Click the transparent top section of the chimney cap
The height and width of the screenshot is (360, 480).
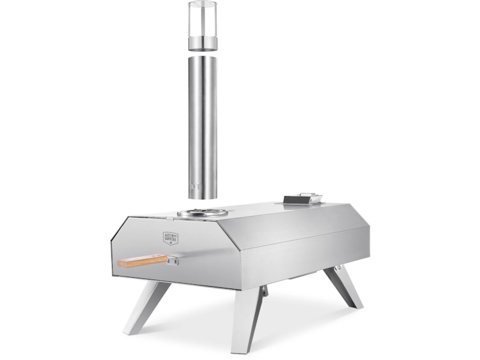(x=202, y=18)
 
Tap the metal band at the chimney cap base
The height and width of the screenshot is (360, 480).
(x=202, y=43)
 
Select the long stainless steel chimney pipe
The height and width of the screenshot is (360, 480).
(x=202, y=120)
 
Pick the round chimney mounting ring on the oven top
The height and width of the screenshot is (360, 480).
(x=202, y=212)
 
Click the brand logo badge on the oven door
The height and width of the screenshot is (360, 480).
(x=170, y=238)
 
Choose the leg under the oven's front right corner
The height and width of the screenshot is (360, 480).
(x=247, y=318)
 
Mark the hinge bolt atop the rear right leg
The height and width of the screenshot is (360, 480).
(x=338, y=267)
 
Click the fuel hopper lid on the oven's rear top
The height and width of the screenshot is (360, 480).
(x=301, y=199)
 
